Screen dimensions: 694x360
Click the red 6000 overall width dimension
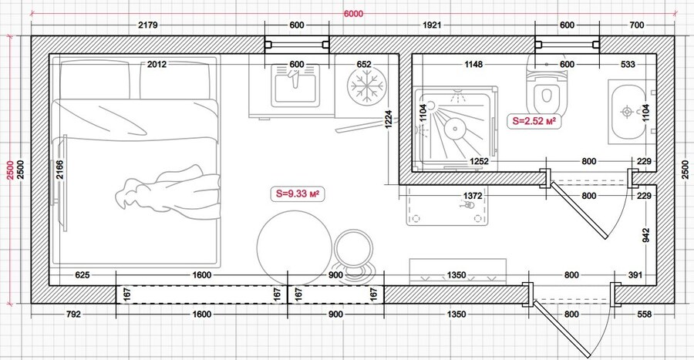pyautogui.click(x=353, y=14)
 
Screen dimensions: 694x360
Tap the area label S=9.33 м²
pyautogui.click(x=298, y=193)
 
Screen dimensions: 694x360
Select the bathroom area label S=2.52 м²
pyautogui.click(x=534, y=121)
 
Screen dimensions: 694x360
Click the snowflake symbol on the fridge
pyautogui.click(x=364, y=86)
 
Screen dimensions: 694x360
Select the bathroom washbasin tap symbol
pyautogui.click(x=627, y=111)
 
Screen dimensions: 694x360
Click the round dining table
pyautogui.click(x=295, y=247)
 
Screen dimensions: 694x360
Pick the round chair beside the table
pyautogui.click(x=354, y=249)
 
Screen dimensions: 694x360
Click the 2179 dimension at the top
pyautogui.click(x=148, y=25)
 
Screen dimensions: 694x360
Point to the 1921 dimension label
pyautogui.click(x=432, y=25)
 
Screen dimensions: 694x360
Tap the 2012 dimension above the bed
pyautogui.click(x=157, y=65)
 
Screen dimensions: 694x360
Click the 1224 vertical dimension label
pyautogui.click(x=389, y=119)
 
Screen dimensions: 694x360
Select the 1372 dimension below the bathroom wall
pyautogui.click(x=473, y=196)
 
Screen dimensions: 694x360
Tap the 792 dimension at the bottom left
pyautogui.click(x=73, y=315)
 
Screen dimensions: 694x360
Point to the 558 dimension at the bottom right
pyautogui.click(x=645, y=315)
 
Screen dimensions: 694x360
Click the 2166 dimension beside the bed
pyautogui.click(x=59, y=170)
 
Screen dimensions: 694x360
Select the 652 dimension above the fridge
pyautogui.click(x=364, y=65)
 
